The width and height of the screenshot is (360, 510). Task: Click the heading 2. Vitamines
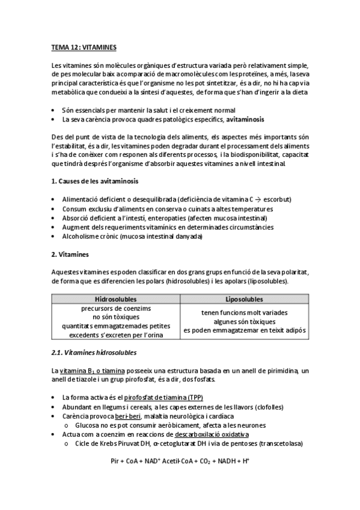(x=70, y=254)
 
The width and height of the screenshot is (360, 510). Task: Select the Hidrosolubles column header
(x=115, y=299)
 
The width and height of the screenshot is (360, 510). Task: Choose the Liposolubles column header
(x=244, y=299)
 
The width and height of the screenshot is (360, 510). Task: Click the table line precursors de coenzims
(x=115, y=309)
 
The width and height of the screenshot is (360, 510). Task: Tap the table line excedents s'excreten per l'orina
(x=115, y=335)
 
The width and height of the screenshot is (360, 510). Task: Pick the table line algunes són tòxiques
(x=244, y=322)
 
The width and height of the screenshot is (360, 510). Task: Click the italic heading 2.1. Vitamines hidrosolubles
(x=94, y=352)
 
